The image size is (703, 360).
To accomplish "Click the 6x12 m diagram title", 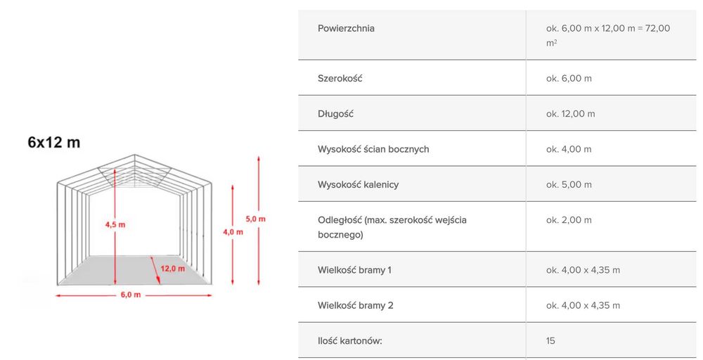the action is click(54, 143).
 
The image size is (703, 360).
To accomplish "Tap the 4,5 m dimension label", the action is click(115, 224).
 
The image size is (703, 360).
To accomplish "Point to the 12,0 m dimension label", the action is click(173, 269).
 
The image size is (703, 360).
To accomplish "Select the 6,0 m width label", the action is click(131, 295).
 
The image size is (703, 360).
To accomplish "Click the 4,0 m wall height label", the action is click(233, 232).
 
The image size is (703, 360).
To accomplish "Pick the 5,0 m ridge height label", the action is click(256, 219).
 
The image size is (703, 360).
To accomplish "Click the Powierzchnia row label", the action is click(346, 28).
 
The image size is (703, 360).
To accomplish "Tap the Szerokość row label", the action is click(340, 79).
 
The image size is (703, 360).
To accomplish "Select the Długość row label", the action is click(336, 114).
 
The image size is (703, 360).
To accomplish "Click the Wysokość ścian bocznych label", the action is click(373, 149).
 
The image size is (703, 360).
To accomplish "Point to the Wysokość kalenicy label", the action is click(359, 185).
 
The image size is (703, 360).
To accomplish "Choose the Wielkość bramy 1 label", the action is click(354, 270).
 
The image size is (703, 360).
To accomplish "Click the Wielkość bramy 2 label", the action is click(356, 305).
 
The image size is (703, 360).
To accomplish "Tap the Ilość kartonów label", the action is click(349, 341).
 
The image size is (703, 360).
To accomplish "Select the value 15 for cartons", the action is click(550, 341).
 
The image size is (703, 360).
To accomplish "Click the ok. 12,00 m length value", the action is click(570, 114).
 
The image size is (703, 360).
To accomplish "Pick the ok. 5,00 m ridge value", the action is click(569, 185).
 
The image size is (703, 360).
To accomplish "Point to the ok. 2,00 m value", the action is click(569, 220).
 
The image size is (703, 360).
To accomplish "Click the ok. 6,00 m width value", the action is click(569, 79).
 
